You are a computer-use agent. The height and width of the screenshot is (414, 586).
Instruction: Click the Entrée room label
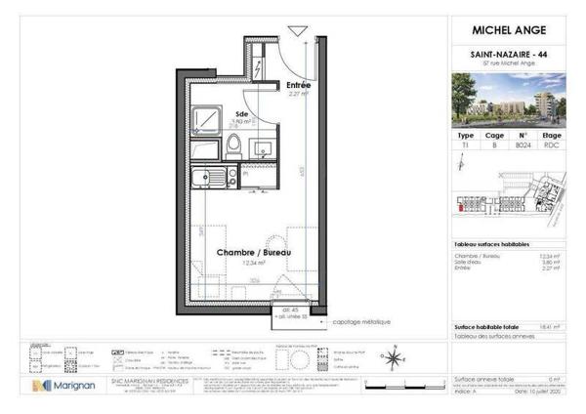(298, 86)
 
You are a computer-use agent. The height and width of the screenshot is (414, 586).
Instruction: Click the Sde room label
(242, 115)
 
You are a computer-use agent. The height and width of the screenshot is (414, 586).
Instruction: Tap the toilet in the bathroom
(233, 146)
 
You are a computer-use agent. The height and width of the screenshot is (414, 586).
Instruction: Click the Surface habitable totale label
(485, 328)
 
